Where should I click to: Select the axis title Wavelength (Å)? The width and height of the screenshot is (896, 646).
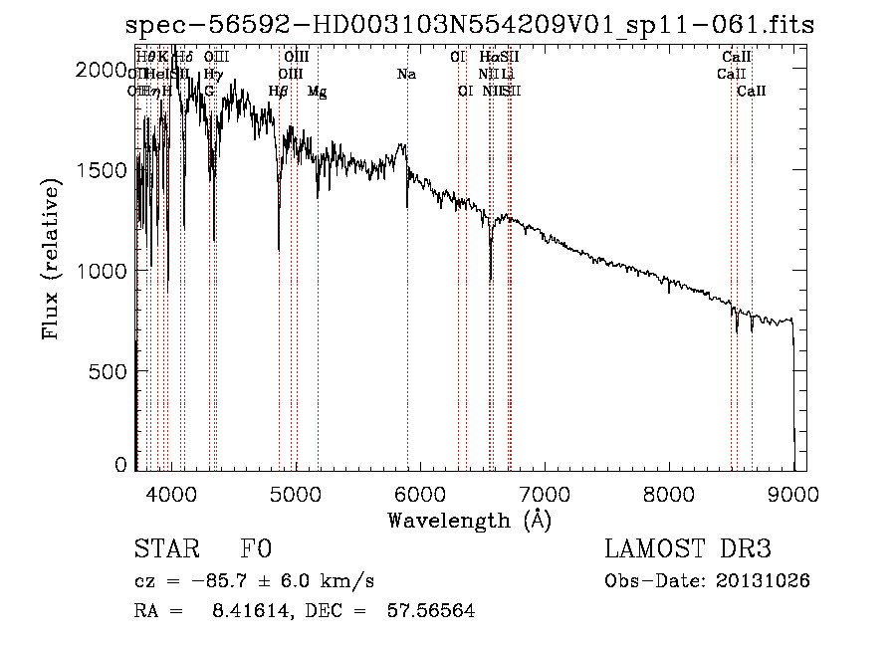pyautogui.click(x=469, y=520)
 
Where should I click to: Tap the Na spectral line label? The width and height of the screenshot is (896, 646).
pyautogui.click(x=406, y=75)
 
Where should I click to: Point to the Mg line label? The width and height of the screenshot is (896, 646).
pyautogui.click(x=317, y=92)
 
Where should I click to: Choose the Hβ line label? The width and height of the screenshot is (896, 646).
pyautogui.click(x=279, y=92)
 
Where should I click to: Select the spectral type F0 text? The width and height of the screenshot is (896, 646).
pyautogui.click(x=257, y=550)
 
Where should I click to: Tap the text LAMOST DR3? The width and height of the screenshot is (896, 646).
pyautogui.click(x=687, y=550)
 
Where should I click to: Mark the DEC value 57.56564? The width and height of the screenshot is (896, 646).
pyautogui.click(x=430, y=611)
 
